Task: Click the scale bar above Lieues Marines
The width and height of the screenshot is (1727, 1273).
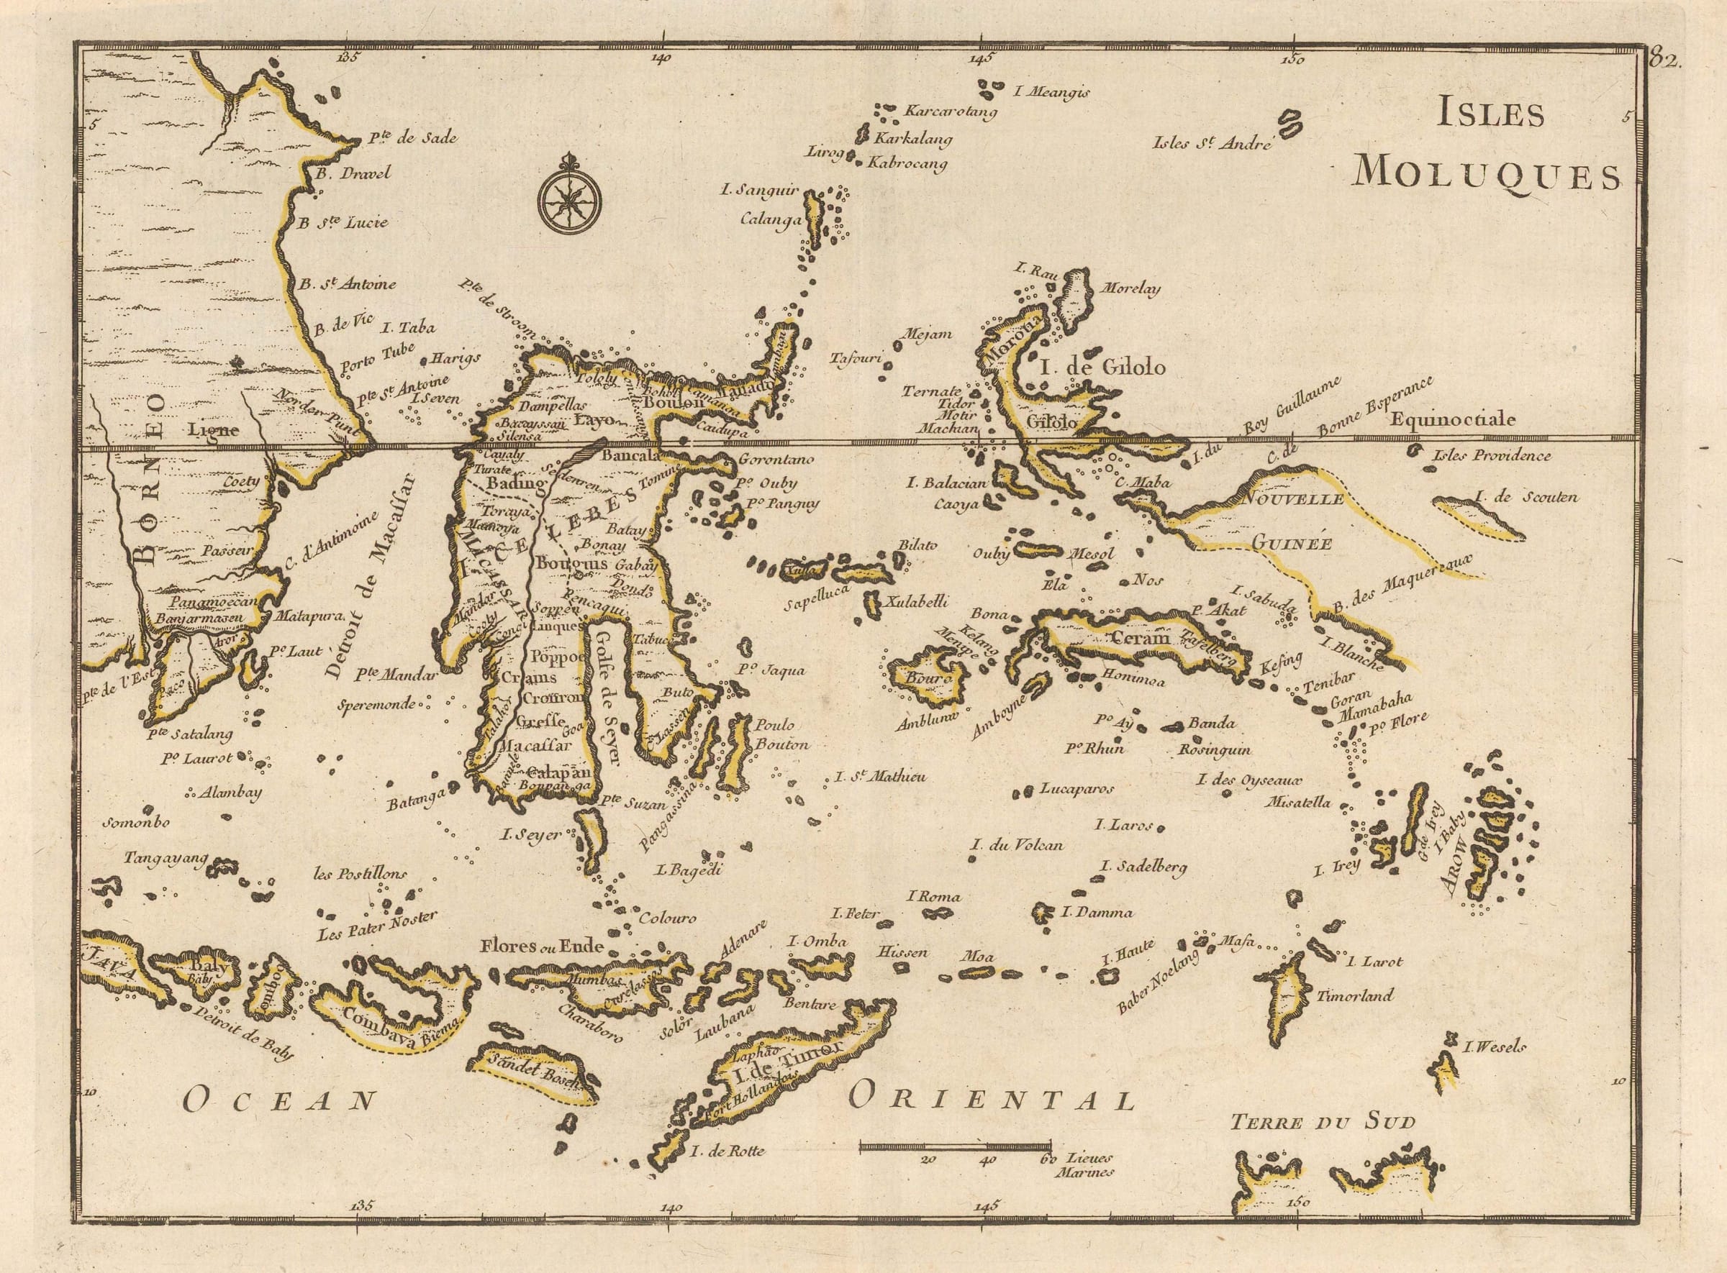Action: coord(956,1146)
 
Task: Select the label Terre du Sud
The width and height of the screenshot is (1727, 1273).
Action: coord(1323,1122)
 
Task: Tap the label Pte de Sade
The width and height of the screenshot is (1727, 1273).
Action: coord(412,139)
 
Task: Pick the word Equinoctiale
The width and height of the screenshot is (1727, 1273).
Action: coord(1454,420)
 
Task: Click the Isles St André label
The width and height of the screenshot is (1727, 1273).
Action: coord(1211,142)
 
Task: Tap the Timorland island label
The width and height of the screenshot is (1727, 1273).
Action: coord(1354,995)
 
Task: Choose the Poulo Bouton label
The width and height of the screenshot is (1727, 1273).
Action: coord(781,735)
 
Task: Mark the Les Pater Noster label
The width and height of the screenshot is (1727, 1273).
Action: coord(377,926)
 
